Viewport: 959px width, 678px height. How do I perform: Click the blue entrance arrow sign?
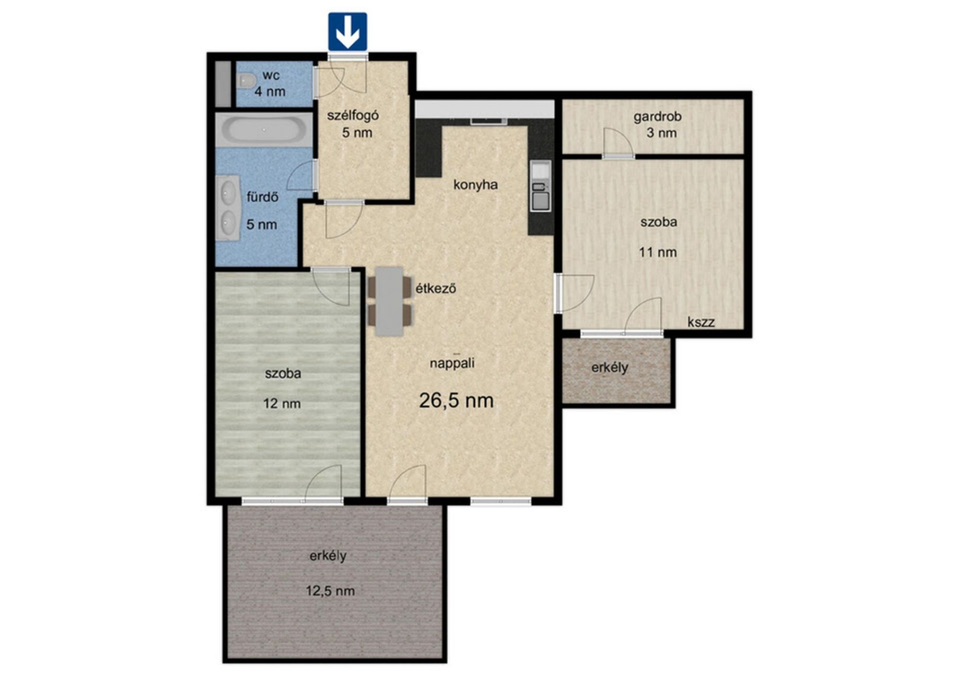(x=347, y=32)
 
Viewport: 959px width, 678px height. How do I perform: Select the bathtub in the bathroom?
(x=264, y=129)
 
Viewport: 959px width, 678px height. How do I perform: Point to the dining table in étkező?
(x=389, y=301)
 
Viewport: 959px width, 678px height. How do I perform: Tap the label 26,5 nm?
(x=456, y=400)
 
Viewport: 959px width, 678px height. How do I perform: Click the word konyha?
(x=476, y=185)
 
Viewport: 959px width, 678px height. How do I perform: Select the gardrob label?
(x=657, y=117)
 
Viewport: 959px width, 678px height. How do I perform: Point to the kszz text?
(x=701, y=322)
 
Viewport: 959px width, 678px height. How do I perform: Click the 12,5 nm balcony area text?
(x=330, y=591)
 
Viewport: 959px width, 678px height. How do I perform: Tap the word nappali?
(x=452, y=364)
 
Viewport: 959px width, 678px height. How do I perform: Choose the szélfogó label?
(x=353, y=115)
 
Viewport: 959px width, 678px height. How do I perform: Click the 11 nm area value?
(x=658, y=252)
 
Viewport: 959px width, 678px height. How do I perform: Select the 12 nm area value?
(x=282, y=404)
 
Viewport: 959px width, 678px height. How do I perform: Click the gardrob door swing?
(x=619, y=142)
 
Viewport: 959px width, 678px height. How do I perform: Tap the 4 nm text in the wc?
(x=270, y=91)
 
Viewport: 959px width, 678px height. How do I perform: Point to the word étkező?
(x=435, y=289)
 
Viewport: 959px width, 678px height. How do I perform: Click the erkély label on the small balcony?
(x=610, y=368)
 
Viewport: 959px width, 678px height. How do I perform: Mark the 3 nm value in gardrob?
(x=661, y=132)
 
